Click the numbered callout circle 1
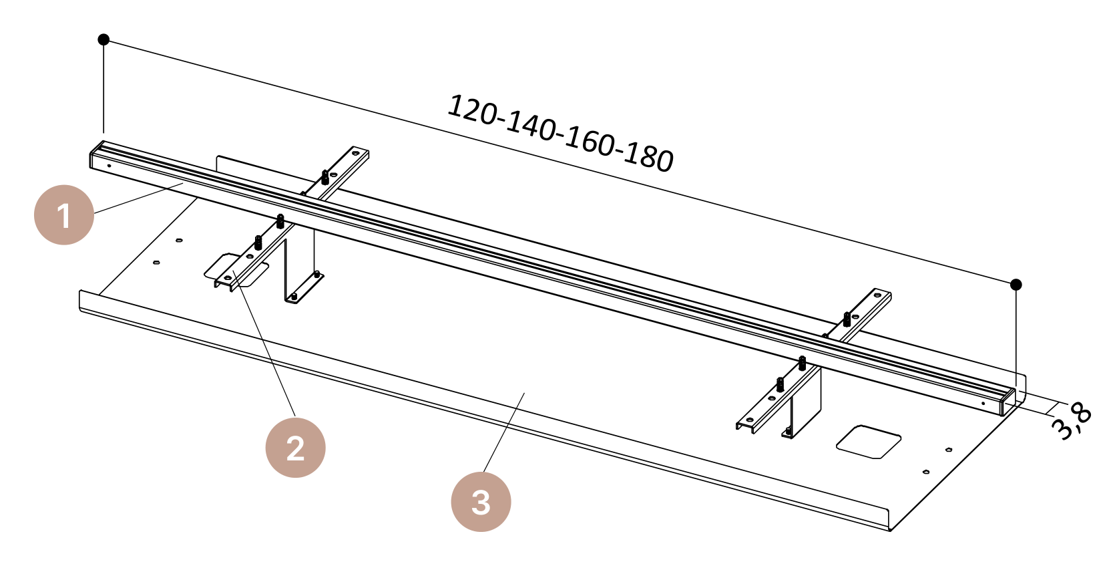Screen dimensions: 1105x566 point(64,215)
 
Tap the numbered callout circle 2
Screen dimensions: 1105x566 point(296,448)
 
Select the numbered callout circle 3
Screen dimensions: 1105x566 point(481,502)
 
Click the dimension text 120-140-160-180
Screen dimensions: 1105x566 point(560,134)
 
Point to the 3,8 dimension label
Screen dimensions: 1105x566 point(1072,420)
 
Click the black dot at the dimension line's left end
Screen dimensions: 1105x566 point(103,39)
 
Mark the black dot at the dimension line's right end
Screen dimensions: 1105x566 point(1016,285)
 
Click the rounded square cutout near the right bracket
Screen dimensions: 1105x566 point(869,442)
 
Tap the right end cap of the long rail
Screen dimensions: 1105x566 point(1008,402)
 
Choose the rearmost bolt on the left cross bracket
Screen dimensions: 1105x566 point(325,177)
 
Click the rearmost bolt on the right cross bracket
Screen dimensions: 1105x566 point(847,319)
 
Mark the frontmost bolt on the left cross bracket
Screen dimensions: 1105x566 point(258,243)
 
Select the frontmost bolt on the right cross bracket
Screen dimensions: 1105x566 point(780,384)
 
